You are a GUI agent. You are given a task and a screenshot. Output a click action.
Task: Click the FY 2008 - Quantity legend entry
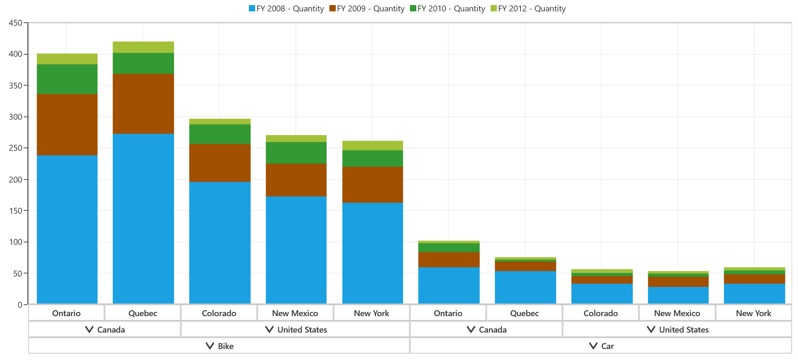[x=286, y=8]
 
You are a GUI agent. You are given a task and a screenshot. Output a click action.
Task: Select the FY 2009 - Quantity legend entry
[x=367, y=8]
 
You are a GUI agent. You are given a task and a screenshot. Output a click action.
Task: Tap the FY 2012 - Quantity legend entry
[x=528, y=8]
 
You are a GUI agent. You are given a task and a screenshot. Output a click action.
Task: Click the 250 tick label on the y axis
[x=15, y=148]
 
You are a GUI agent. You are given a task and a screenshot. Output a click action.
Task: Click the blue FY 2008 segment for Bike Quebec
[x=143, y=219]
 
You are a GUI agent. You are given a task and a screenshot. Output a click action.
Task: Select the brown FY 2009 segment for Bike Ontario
[x=67, y=125]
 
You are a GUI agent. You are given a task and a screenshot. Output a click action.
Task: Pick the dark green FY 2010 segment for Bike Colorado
[x=220, y=134]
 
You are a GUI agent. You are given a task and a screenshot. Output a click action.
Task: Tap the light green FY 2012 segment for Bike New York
[x=372, y=145]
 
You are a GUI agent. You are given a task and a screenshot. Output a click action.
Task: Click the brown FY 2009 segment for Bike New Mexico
[x=296, y=180]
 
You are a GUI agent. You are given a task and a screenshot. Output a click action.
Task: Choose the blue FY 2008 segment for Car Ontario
[x=449, y=285]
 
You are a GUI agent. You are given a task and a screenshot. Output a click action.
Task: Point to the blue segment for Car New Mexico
[x=678, y=296]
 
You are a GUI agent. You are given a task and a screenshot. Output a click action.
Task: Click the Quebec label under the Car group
[x=524, y=313]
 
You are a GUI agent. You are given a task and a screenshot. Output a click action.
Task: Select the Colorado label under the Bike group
[x=219, y=313]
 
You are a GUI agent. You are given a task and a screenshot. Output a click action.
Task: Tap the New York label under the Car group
[x=753, y=313]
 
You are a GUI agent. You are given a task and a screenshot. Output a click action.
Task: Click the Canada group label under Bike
[x=111, y=330]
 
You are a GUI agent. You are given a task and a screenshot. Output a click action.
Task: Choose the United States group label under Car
[x=684, y=330]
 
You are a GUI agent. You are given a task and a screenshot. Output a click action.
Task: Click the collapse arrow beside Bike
[x=210, y=346]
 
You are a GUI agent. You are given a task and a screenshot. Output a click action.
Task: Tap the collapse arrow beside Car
[x=593, y=346]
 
